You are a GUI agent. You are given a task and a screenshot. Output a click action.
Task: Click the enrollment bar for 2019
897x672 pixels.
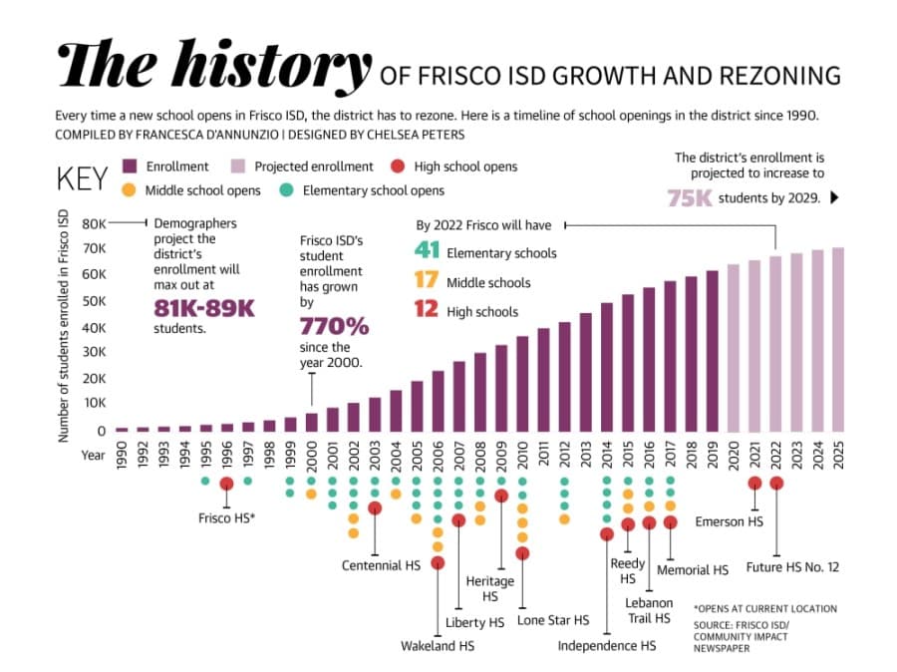[713, 351]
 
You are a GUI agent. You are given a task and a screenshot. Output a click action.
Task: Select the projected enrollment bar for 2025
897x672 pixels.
[838, 339]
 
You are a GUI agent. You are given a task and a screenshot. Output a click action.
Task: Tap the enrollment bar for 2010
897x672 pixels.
[522, 384]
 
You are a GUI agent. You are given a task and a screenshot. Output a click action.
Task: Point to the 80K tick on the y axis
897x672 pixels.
[95, 223]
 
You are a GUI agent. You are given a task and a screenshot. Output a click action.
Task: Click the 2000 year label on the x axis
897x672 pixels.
[312, 455]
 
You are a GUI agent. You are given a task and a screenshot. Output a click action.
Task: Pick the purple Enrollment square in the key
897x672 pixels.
[130, 166]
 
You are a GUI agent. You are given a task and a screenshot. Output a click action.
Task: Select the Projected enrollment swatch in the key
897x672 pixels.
[238, 166]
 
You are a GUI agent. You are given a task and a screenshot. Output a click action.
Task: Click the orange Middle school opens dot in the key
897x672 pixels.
[130, 190]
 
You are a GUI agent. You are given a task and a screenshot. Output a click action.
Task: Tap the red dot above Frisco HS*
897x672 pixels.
[226, 484]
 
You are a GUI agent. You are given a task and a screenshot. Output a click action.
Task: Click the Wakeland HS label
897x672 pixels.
[438, 646]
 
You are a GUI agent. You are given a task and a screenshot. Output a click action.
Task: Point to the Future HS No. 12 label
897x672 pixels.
[792, 567]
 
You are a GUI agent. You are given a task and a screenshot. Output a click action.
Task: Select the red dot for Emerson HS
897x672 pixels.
[754, 484]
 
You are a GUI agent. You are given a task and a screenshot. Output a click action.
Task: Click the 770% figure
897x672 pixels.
[334, 327]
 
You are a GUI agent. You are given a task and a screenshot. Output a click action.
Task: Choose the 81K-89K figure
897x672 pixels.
[204, 308]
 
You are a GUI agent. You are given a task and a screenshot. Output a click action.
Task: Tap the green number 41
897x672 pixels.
[427, 250]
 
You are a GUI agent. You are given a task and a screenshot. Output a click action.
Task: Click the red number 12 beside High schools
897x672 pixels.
[427, 309]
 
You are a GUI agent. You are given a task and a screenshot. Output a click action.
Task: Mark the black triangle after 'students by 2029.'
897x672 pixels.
[834, 197]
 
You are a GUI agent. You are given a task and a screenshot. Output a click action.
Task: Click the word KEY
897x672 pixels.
[83, 178]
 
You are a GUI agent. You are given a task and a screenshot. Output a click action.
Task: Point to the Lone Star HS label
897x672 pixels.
[552, 620]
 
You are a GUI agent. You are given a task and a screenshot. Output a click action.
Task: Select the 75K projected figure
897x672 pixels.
[690, 198]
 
